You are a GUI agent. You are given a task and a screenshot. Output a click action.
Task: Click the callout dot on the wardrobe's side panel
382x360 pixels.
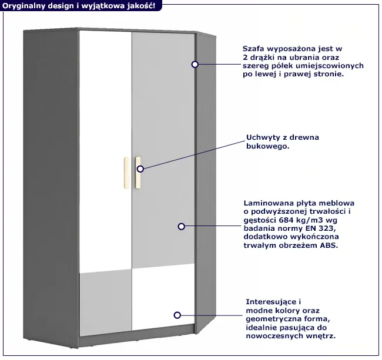tap(195, 63)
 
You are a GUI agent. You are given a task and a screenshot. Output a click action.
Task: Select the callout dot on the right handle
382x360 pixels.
tap(140, 169)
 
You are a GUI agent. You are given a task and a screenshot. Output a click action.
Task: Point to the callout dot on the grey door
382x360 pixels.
tap(181, 226)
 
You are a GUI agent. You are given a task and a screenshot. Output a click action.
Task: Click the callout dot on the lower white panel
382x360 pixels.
tap(177, 315)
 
